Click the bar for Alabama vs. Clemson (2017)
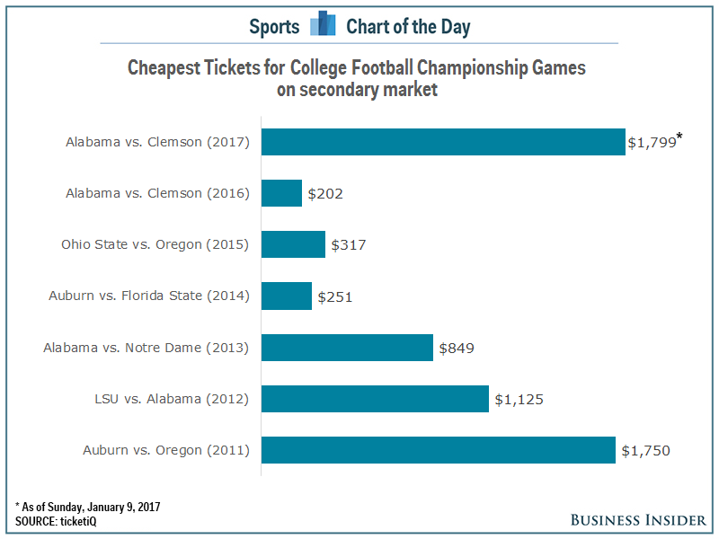click(x=443, y=142)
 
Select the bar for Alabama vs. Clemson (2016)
click(x=281, y=193)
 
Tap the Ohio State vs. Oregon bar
click(x=293, y=244)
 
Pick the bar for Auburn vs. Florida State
click(x=287, y=296)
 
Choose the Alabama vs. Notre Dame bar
click(x=347, y=347)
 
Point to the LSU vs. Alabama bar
click(x=375, y=398)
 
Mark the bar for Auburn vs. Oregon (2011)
click(x=439, y=450)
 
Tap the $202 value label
click(x=325, y=194)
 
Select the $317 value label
click(x=349, y=245)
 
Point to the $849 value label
click(x=457, y=348)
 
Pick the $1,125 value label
click(x=519, y=399)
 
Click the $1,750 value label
click(x=645, y=451)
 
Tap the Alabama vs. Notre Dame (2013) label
click(x=146, y=348)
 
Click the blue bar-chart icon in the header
click(x=323, y=24)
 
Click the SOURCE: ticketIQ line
click(x=52, y=522)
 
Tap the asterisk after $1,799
click(x=680, y=137)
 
